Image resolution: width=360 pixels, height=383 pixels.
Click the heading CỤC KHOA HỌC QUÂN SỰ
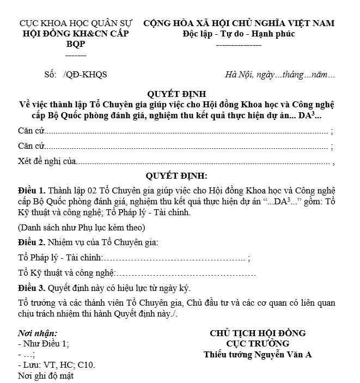[76, 23]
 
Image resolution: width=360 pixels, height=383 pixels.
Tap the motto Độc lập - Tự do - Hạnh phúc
[239, 34]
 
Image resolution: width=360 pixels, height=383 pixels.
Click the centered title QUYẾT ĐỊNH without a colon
[177, 94]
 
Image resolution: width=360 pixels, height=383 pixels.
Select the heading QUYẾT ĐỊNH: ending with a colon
[177, 176]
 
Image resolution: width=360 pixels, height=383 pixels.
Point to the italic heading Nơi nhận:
[38, 333]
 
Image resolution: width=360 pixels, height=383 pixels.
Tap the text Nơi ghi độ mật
[46, 375]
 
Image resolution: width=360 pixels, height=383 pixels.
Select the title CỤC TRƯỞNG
[258, 344]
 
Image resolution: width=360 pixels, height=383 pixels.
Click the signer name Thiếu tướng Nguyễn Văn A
[258, 355]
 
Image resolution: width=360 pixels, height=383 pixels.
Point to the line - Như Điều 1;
[44, 344]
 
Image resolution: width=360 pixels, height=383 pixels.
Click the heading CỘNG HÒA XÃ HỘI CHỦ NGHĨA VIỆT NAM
[239, 23]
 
